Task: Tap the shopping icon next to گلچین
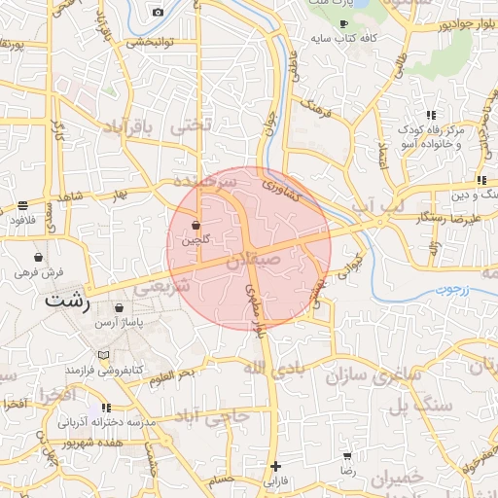click(196, 224)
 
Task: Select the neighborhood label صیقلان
click(254, 261)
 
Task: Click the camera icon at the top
click(159, 13)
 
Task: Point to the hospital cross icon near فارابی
click(276, 466)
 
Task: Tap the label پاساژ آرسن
click(124, 321)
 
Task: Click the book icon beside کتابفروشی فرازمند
click(103, 356)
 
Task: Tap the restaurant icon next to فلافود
click(22, 206)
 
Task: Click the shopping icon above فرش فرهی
click(38, 258)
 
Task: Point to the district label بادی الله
click(267, 368)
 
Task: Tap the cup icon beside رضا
click(346, 455)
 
